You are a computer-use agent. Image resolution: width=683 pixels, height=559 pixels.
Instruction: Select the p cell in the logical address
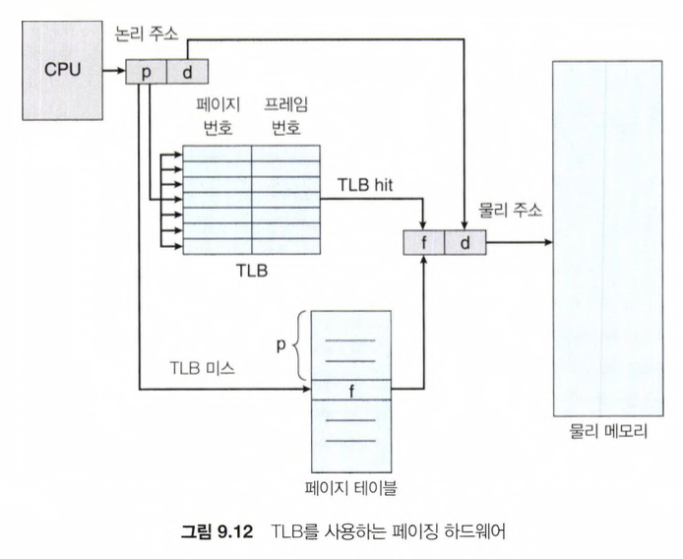147,72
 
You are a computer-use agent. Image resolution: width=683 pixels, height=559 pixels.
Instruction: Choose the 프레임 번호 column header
283,117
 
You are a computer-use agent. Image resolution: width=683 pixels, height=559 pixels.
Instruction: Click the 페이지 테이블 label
351,485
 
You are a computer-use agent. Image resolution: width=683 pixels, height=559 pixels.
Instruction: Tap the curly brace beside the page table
299,344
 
